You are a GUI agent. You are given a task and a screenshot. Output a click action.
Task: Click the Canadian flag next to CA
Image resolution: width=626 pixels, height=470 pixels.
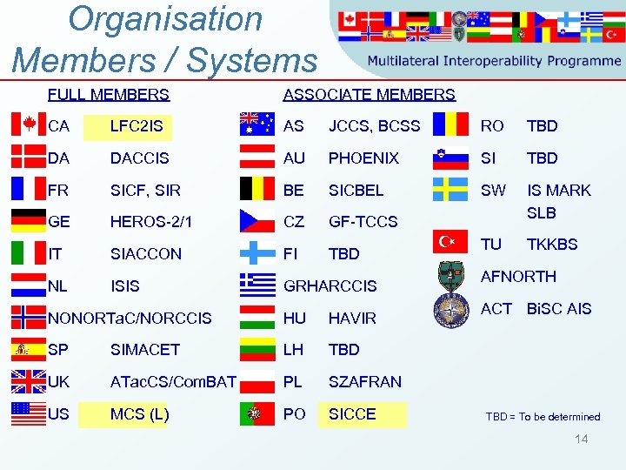[29, 125]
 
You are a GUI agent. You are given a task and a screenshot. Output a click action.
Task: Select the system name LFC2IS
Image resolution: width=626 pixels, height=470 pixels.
[136, 126]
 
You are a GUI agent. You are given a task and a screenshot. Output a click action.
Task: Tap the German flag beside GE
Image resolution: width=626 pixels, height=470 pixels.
[29, 221]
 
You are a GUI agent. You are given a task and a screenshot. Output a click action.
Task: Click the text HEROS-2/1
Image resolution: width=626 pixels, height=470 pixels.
[151, 222]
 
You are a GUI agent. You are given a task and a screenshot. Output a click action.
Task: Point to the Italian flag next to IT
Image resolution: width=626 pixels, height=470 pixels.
[29, 253]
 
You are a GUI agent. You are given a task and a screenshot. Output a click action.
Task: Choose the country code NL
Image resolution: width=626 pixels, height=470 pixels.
[59, 285]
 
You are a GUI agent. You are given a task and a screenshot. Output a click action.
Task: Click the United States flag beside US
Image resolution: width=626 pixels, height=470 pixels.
[29, 413]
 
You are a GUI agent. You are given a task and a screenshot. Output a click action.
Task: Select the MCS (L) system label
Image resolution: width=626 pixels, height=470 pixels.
[139, 414]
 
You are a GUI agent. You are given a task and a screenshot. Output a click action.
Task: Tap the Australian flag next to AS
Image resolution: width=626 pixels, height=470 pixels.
[256, 125]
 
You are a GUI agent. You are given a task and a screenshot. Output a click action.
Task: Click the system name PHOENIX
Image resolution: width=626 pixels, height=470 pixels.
[363, 158]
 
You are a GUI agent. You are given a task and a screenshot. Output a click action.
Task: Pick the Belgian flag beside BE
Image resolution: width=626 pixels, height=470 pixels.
[256, 190]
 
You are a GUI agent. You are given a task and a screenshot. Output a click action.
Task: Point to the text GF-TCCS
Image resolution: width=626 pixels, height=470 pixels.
[363, 222]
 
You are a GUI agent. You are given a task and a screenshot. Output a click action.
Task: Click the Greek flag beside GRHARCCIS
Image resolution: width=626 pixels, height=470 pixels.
[256, 285]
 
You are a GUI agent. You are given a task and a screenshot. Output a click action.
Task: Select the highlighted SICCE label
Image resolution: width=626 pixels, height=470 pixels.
[352, 414]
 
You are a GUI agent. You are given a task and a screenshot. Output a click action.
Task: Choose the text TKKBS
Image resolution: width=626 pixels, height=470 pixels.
[552, 245]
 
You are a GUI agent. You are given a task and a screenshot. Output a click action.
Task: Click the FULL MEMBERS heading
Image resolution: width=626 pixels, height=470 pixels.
[109, 94]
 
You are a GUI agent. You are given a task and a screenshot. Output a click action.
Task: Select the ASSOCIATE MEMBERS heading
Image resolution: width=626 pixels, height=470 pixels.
[370, 94]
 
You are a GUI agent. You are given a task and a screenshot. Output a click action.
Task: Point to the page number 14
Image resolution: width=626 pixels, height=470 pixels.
[581, 439]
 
